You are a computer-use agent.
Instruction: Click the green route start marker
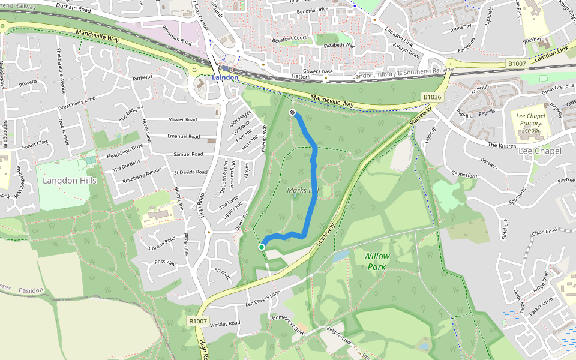click(x=262, y=247)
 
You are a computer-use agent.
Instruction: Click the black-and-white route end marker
click(x=292, y=112)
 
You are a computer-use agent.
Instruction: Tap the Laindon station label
click(x=225, y=77)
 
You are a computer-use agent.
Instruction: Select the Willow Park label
click(x=376, y=261)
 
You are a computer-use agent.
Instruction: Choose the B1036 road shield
click(x=432, y=97)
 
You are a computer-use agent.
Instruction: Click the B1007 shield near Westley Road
click(x=198, y=322)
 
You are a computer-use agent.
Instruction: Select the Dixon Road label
click(x=544, y=231)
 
